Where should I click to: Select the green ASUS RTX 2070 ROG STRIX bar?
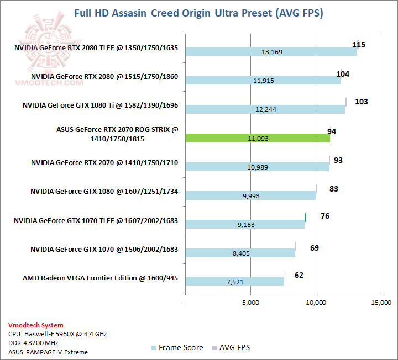click(257, 138)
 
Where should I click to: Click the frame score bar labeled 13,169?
click(271, 52)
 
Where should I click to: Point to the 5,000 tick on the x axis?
click(250, 303)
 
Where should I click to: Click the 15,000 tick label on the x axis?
click(381, 303)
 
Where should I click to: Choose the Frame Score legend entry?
click(177, 347)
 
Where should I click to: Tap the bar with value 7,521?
click(234, 282)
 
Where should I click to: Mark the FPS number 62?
click(298, 274)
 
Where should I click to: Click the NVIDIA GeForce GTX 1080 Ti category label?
click(100, 105)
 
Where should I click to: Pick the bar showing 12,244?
click(265, 109)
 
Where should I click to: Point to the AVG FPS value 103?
click(361, 102)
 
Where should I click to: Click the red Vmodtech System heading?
click(36, 325)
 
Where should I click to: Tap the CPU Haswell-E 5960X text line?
click(57, 334)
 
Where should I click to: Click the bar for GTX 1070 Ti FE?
click(245, 224)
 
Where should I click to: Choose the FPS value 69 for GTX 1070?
click(314, 248)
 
